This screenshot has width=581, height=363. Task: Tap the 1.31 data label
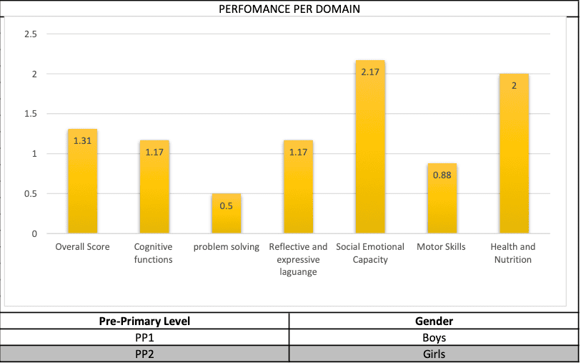tap(82, 141)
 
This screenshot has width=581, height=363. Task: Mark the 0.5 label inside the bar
tap(226, 205)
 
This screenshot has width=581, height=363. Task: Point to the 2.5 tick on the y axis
tap(31, 34)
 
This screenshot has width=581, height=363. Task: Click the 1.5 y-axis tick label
tap(31, 114)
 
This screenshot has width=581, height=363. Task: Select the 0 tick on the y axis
tap(34, 233)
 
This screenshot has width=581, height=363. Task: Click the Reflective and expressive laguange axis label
tap(298, 259)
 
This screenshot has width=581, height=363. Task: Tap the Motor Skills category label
tap(441, 247)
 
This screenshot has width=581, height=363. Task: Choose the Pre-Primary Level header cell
tap(145, 321)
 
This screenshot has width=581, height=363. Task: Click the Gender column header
tap(434, 321)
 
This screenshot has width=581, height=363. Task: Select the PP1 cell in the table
tap(145, 337)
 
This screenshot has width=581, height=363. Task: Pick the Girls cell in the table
tap(434, 354)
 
